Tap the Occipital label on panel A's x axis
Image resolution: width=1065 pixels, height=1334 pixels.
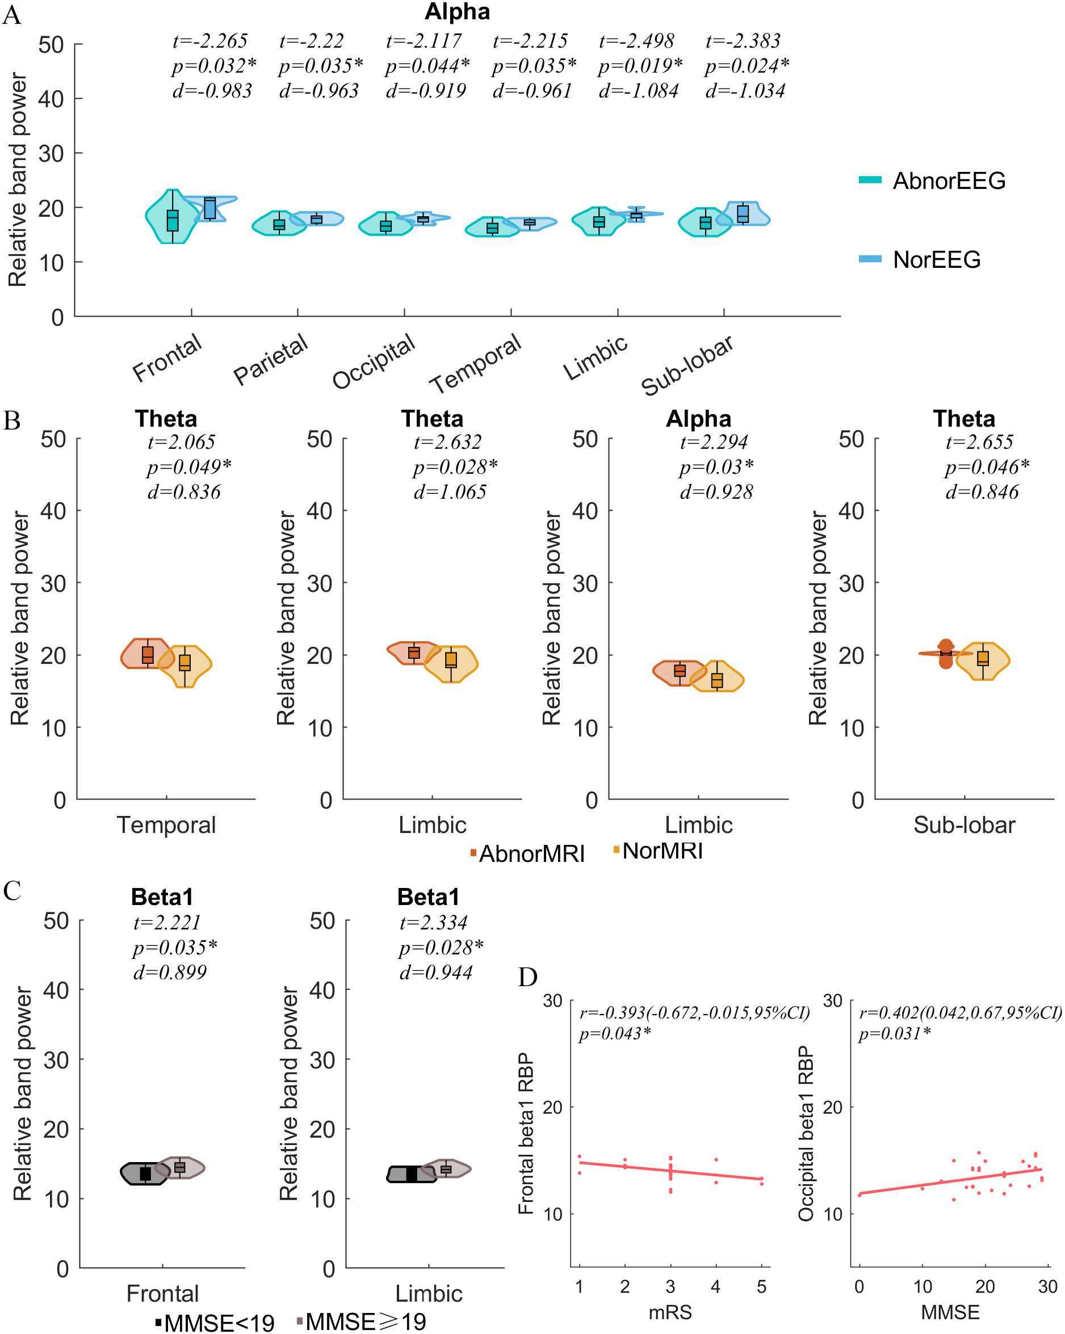(x=374, y=361)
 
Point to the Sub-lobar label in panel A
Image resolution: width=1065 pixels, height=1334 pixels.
(x=687, y=365)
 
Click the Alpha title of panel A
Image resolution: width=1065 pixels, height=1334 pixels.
(x=457, y=12)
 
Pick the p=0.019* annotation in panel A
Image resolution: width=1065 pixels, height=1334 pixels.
(x=640, y=66)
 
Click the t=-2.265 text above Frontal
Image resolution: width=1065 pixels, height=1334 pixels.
(x=210, y=41)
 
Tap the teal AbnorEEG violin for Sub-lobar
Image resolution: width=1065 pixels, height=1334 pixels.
(x=705, y=222)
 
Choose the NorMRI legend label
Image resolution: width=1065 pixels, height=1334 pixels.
(x=662, y=851)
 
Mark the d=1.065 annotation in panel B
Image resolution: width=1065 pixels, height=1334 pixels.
(x=450, y=492)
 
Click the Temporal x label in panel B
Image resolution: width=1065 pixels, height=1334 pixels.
(x=166, y=825)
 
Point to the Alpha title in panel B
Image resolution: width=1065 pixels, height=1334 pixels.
(x=698, y=419)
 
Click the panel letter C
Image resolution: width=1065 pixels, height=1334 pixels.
(x=12, y=891)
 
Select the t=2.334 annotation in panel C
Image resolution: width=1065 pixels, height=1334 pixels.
(x=433, y=923)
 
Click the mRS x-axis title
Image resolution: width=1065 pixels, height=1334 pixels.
(x=670, y=1312)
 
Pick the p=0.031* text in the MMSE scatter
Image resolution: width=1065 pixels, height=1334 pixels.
(x=894, y=1033)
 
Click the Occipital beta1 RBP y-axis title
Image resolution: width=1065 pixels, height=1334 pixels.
(x=806, y=1134)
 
